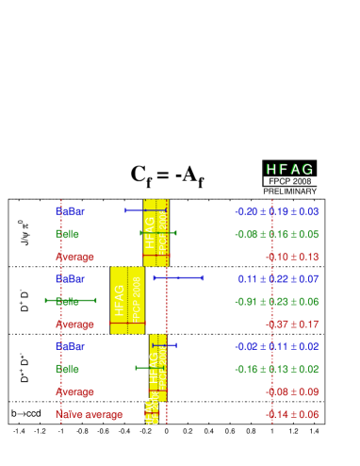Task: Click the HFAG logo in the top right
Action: point(289,168)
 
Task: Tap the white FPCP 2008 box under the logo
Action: point(289,180)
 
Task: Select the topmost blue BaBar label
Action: point(70,210)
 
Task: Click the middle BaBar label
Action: point(70,278)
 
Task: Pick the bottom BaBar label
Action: point(70,346)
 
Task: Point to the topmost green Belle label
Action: point(67,233)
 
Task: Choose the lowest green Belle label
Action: point(67,369)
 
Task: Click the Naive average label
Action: point(89,414)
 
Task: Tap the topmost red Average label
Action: point(74,256)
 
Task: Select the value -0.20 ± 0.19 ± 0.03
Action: point(277,210)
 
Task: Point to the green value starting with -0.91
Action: point(277,301)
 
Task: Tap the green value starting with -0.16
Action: point(277,369)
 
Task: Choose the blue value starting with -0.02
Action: point(277,346)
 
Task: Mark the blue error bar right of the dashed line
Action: point(178,277)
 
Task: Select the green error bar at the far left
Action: point(71,300)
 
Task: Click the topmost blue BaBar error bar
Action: point(146,209)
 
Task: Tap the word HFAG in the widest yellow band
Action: point(119,300)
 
